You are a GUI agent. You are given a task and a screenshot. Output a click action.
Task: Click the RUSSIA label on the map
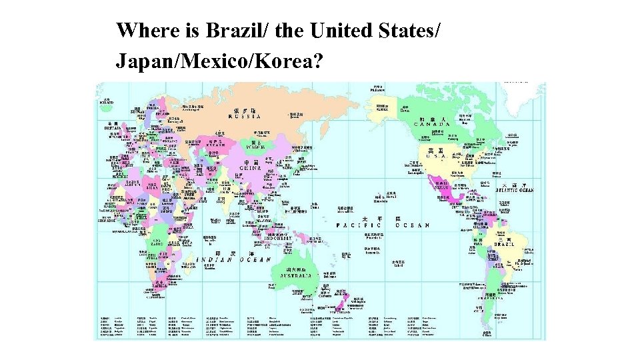244,117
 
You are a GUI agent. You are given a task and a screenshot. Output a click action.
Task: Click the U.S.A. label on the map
436,156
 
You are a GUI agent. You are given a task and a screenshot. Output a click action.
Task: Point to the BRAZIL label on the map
504,245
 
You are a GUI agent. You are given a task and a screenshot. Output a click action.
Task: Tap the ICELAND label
107,103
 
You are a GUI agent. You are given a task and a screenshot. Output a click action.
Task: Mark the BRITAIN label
111,128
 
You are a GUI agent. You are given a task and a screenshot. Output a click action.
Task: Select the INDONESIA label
285,238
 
